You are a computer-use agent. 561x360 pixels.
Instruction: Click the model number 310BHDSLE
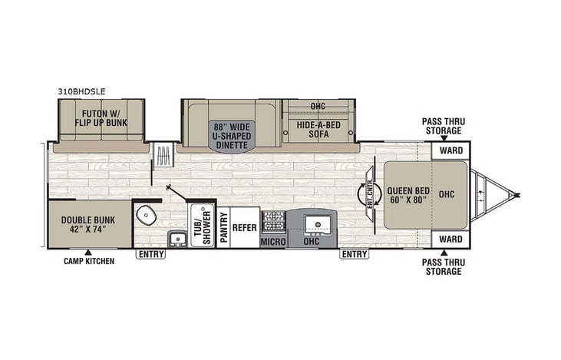pyautogui.click(x=81, y=90)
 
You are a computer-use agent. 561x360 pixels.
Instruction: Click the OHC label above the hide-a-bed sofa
pyautogui.click(x=318, y=106)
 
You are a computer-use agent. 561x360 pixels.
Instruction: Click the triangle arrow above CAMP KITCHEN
pyautogui.click(x=88, y=252)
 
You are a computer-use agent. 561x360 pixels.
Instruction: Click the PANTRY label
pyautogui.click(x=224, y=228)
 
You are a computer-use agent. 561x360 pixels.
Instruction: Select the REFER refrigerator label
pyautogui.click(x=245, y=227)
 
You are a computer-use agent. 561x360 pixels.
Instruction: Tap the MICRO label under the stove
pyautogui.click(x=274, y=242)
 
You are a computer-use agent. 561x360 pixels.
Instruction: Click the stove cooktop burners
pyautogui.click(x=274, y=222)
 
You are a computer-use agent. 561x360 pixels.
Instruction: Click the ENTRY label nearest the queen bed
pyautogui.click(x=354, y=254)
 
